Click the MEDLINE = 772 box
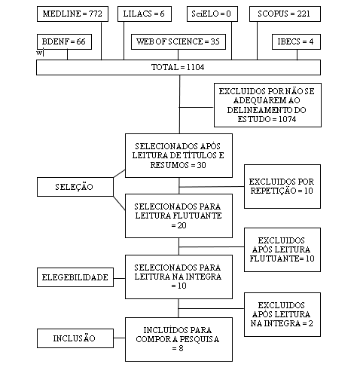[72, 14]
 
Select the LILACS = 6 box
[145, 14]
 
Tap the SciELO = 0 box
[212, 14]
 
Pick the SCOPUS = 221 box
[285, 14]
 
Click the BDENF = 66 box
[64, 41]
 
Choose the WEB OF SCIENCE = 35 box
[178, 41]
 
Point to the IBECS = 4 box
[296, 41]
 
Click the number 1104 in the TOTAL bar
[196, 67]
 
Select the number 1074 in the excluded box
[288, 119]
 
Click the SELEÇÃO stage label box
[75, 187]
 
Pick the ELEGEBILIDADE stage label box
[75, 277]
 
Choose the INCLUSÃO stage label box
[75, 338]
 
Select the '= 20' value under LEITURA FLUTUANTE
[178, 225]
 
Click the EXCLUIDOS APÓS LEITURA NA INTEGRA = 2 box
[282, 314]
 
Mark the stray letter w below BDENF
[39, 53]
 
